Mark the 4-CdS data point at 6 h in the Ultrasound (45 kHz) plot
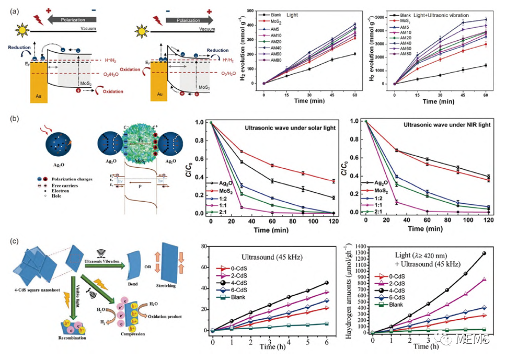(327, 283)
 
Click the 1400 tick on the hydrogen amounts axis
(360, 245)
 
